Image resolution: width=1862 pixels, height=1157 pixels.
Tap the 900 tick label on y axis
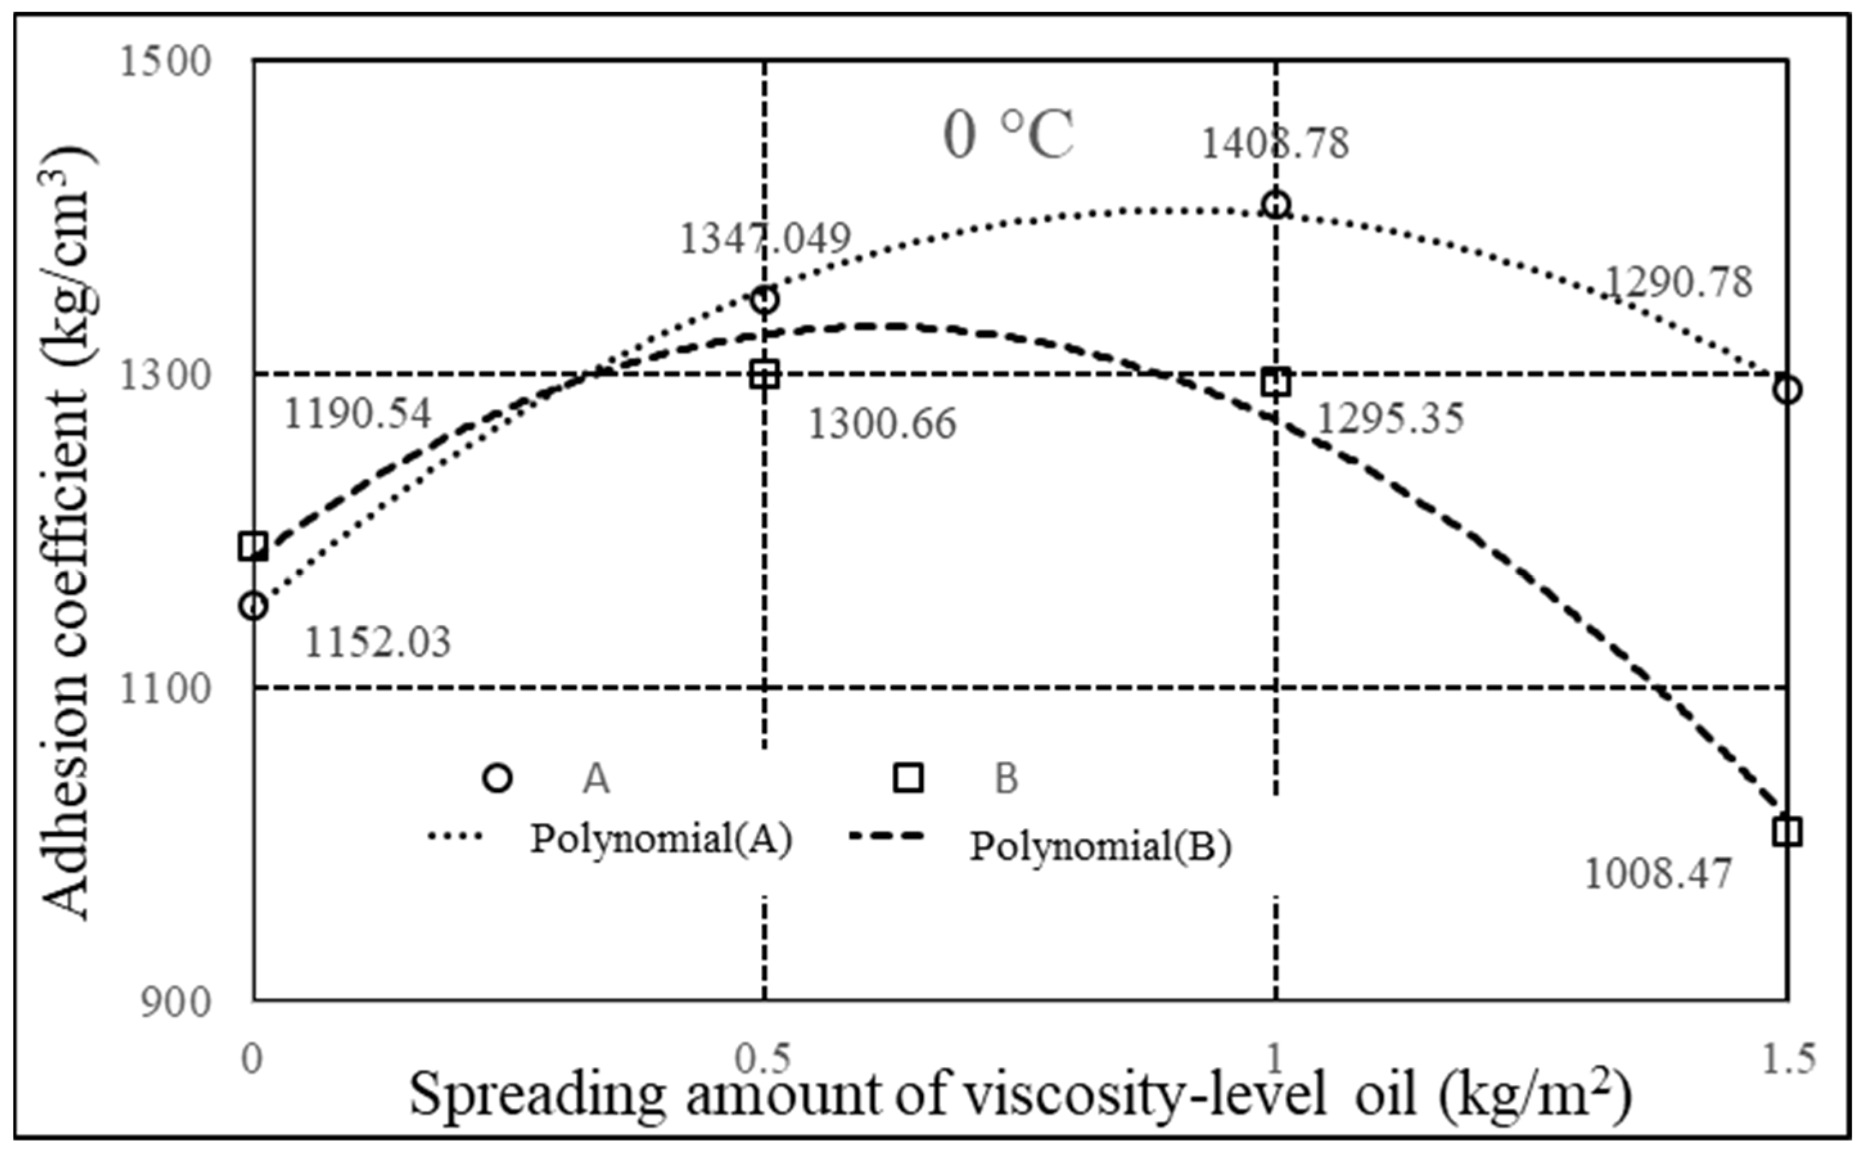point(175,1002)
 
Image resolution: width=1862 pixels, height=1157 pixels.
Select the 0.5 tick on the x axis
point(762,1060)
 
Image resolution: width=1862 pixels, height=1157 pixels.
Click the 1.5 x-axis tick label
point(1787,1060)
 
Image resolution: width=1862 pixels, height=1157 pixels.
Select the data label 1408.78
point(1275,144)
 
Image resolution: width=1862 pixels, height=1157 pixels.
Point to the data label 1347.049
point(765,240)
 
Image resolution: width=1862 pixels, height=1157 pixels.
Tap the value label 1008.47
point(1657,874)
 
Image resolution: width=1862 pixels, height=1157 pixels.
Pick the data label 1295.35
point(1390,419)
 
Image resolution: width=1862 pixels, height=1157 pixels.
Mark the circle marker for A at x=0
point(253,606)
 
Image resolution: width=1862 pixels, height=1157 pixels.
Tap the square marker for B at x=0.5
point(764,375)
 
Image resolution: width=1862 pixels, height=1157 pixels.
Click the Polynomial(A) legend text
point(661,840)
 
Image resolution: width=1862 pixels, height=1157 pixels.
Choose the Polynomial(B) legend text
point(1100,847)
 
